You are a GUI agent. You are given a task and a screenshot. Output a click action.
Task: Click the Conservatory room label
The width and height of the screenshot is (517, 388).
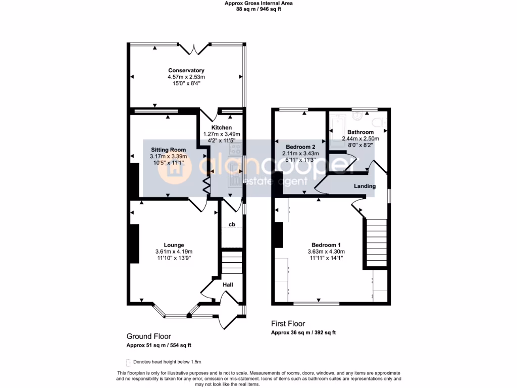(x=186, y=70)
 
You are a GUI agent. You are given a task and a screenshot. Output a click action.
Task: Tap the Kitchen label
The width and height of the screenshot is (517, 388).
(x=221, y=128)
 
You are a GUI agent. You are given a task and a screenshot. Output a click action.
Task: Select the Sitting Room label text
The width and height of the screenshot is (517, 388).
(x=168, y=150)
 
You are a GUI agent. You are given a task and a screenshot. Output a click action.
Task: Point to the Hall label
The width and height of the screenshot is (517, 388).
(x=228, y=285)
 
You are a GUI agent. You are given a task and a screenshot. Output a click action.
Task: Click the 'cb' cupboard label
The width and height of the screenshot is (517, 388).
(x=232, y=224)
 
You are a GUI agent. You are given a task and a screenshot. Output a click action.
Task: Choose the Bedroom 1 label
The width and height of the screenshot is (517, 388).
(x=325, y=245)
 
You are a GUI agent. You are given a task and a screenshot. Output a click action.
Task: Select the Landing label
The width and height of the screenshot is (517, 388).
(x=364, y=186)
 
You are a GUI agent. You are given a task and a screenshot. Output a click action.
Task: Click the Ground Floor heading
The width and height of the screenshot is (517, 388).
(x=148, y=336)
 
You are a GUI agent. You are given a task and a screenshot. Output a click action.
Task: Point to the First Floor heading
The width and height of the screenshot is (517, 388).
(x=288, y=324)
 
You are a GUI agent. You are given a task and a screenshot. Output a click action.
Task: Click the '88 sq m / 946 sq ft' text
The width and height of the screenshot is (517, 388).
(x=258, y=9)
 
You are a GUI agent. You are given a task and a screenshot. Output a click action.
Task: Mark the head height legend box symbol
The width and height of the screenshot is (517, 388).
(x=128, y=362)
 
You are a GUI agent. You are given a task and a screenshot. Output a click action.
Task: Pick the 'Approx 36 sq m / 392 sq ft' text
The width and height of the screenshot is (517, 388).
(x=303, y=332)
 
